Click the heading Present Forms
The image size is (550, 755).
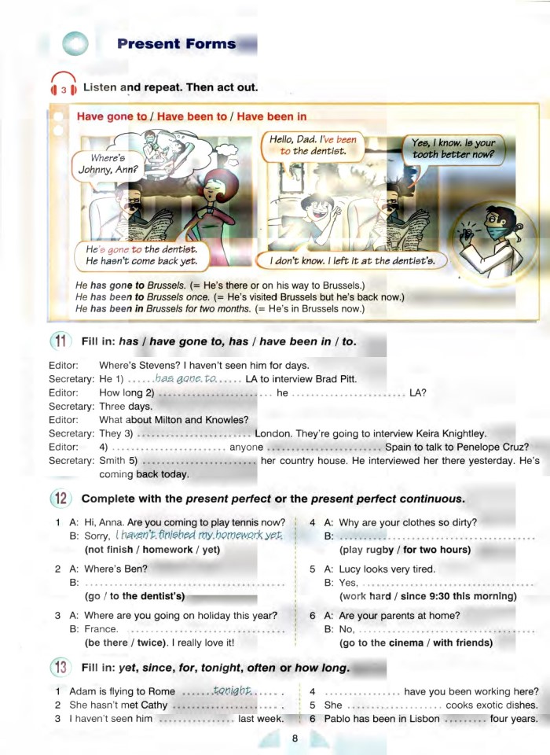pyautogui.click(x=176, y=44)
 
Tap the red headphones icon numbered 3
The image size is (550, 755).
pyautogui.click(x=62, y=87)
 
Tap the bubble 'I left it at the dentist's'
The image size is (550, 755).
pyautogui.click(x=353, y=260)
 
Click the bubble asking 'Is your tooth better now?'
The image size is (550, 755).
pyautogui.click(x=453, y=149)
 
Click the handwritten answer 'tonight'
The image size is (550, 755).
pyautogui.click(x=231, y=691)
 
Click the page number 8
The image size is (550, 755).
pyautogui.click(x=295, y=738)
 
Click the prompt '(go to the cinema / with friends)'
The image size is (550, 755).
pyautogui.click(x=416, y=643)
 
